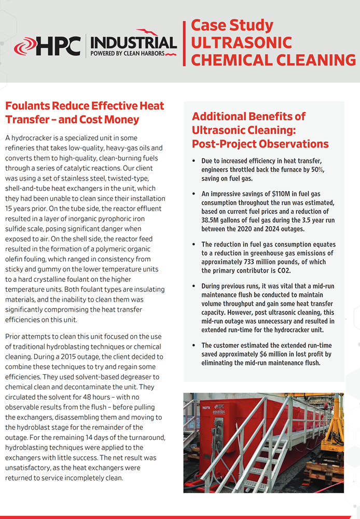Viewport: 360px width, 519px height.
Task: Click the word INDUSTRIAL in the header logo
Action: [x=134, y=42]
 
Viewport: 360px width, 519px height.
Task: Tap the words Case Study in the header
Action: [x=232, y=25]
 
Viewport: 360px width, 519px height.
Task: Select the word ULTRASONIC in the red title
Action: [x=241, y=43]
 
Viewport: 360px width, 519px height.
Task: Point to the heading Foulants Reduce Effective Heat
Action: [x=85, y=106]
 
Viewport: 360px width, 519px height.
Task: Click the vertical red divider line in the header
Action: [x=184, y=44]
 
